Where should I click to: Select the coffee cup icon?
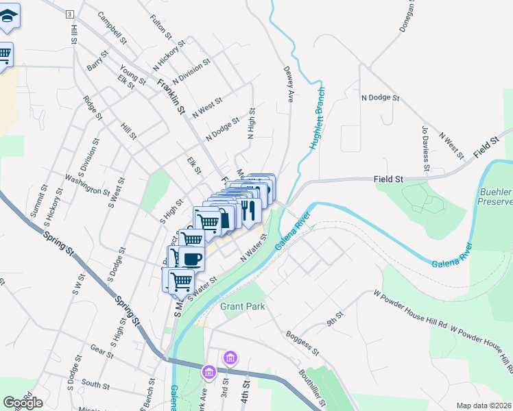tap(192, 259)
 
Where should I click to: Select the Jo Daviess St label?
tap(425, 147)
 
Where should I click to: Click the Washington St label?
tap(87, 184)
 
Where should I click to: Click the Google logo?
tap(23, 403)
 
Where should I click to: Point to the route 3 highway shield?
tap(70, 14)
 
